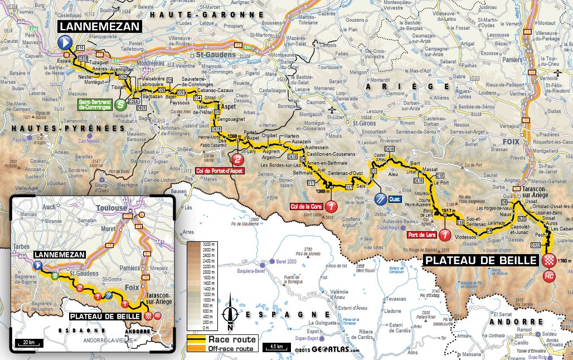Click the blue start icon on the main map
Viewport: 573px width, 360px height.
(65, 41)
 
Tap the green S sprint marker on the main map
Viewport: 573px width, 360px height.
(119, 104)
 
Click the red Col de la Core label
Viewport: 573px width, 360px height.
(305, 208)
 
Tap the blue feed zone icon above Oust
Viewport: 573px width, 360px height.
(380, 198)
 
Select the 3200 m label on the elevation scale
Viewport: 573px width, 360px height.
(211, 244)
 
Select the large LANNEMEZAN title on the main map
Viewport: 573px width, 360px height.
(101, 26)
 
